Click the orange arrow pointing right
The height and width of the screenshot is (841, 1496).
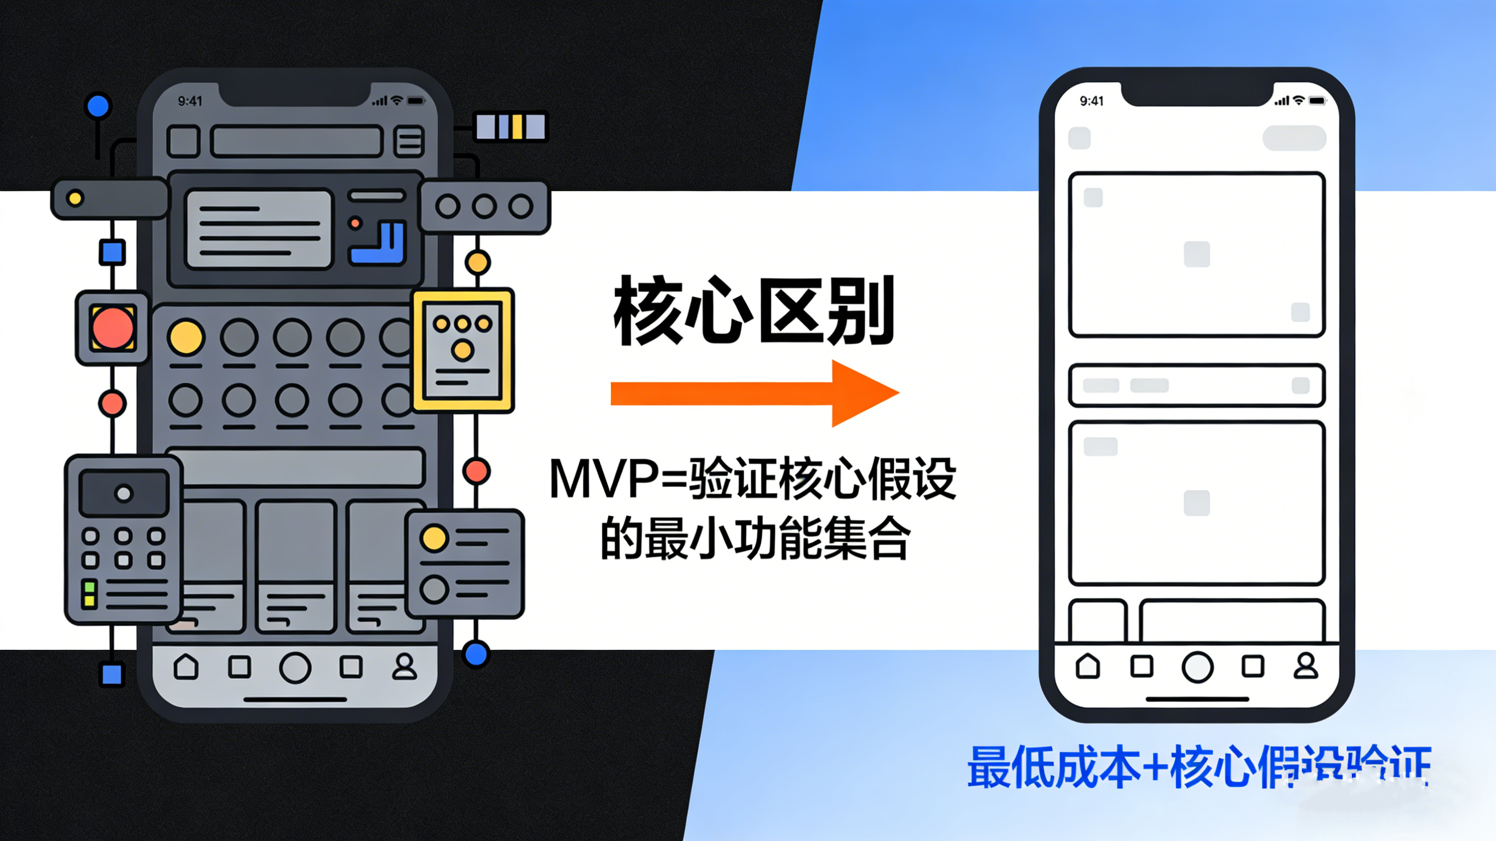[x=755, y=394]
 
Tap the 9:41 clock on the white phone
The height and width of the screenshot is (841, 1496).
[x=1091, y=101]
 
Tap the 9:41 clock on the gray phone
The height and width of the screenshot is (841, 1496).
[x=190, y=101]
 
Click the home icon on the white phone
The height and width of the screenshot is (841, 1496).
[x=1088, y=666]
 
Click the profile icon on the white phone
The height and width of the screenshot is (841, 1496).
[x=1305, y=666]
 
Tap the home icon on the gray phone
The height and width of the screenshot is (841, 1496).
[x=186, y=667]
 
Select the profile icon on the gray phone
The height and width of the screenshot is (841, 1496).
[x=404, y=667]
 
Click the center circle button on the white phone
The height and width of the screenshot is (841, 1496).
[x=1197, y=667]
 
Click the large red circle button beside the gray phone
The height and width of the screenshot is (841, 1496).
[x=113, y=328]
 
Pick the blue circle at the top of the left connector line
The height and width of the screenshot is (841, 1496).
[x=98, y=106]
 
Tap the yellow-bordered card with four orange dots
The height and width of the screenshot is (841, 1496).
[x=463, y=350]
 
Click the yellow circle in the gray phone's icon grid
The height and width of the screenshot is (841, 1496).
[x=186, y=337]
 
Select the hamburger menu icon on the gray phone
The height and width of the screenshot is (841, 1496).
[x=409, y=141]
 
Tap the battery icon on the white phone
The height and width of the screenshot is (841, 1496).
[x=1317, y=101]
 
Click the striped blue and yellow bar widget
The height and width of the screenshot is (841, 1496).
[x=511, y=127]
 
